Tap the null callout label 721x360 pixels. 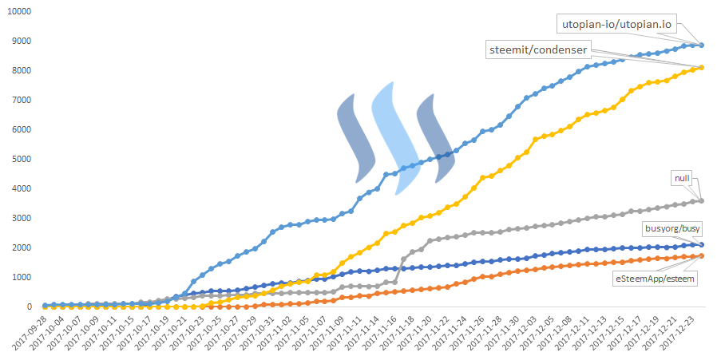[x=681, y=179]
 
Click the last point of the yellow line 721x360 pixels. [x=701, y=68]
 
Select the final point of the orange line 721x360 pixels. [x=701, y=256]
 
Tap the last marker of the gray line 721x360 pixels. [x=701, y=200]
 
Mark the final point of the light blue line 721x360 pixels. [x=701, y=45]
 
